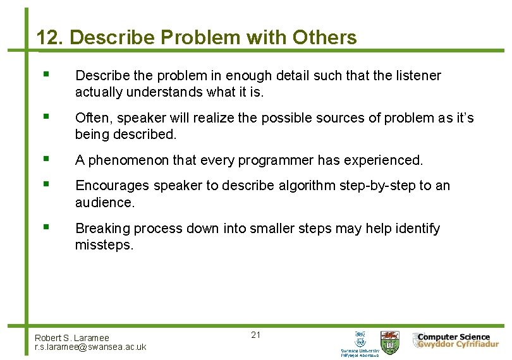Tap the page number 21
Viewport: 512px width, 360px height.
pos(255,335)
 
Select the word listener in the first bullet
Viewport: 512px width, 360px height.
pos(417,76)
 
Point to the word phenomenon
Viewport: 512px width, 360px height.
pos(130,160)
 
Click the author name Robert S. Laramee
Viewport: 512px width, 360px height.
pos(72,338)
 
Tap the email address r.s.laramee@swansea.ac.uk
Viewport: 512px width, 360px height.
pos(90,347)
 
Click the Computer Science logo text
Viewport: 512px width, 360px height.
pos(453,337)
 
